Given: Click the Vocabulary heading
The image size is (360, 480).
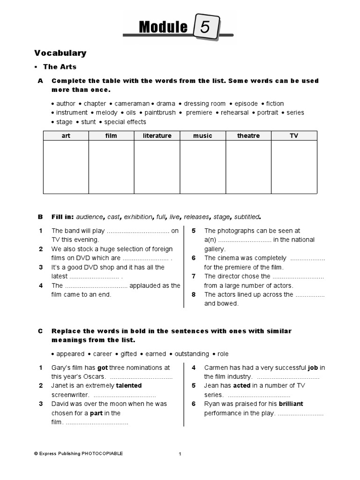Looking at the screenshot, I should [60, 53].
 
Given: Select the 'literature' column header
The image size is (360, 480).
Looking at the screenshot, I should [157, 136].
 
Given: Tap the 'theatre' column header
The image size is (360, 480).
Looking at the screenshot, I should [248, 136].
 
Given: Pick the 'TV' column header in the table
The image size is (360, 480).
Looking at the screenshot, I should [294, 136].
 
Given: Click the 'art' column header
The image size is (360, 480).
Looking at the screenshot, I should [66, 136].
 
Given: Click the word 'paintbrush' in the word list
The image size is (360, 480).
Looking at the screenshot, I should [160, 112].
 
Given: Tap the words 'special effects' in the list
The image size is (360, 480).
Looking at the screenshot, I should [125, 122].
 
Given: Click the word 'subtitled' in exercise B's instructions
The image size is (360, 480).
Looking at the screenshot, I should [247, 217].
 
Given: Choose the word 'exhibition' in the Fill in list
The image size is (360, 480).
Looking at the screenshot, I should [138, 217].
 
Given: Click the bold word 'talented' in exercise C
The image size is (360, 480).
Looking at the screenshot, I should [129, 386].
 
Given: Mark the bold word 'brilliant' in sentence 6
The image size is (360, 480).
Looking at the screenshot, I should [291, 404].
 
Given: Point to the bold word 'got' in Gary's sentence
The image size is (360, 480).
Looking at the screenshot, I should [103, 368].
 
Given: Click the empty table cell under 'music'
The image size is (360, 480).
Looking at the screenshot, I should [202, 167].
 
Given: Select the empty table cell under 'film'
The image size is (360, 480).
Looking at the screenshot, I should [111, 167].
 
